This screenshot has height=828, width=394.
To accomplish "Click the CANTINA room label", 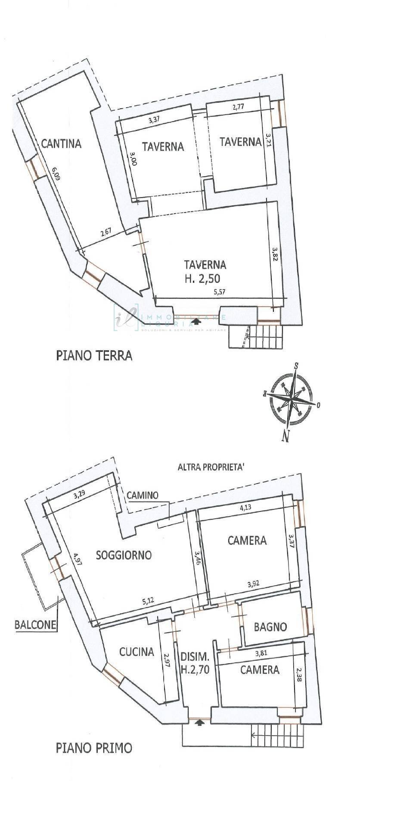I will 61,143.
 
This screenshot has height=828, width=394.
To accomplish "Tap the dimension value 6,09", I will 56,176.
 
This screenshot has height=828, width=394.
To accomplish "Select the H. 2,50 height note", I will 202,279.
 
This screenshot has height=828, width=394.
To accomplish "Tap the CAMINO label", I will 143,496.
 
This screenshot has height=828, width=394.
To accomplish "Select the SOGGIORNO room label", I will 124,555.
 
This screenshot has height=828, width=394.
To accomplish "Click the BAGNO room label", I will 270,627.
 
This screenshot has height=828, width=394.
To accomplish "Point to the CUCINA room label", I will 137,652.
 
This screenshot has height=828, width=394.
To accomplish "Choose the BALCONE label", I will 36,624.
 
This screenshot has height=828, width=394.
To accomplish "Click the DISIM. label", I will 195,657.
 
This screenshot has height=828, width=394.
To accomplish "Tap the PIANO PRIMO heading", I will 94,748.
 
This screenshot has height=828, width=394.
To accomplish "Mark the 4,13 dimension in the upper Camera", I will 245,507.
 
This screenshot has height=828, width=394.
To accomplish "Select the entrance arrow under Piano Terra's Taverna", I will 197,321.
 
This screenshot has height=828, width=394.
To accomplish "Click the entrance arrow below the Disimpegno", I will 199,722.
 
